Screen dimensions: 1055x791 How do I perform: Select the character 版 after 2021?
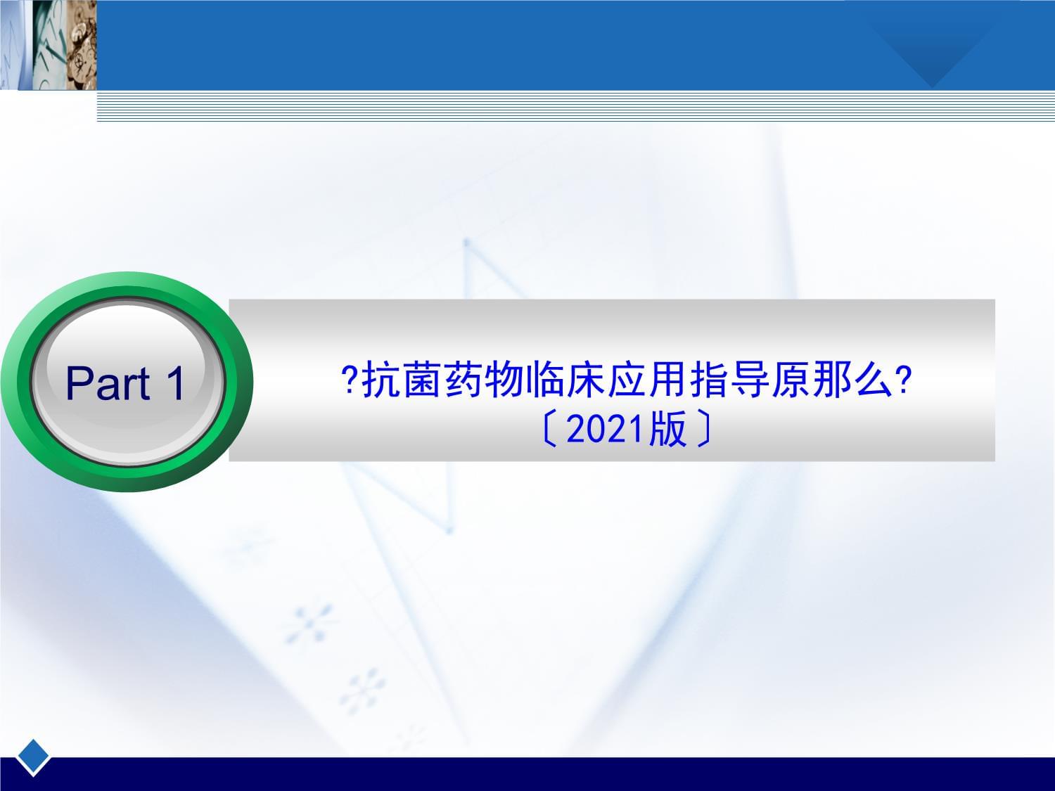(667, 429)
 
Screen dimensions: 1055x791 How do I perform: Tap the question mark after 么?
(904, 380)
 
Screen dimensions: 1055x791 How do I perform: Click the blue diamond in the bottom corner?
(33, 757)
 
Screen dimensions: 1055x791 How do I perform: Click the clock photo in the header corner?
(49, 45)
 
